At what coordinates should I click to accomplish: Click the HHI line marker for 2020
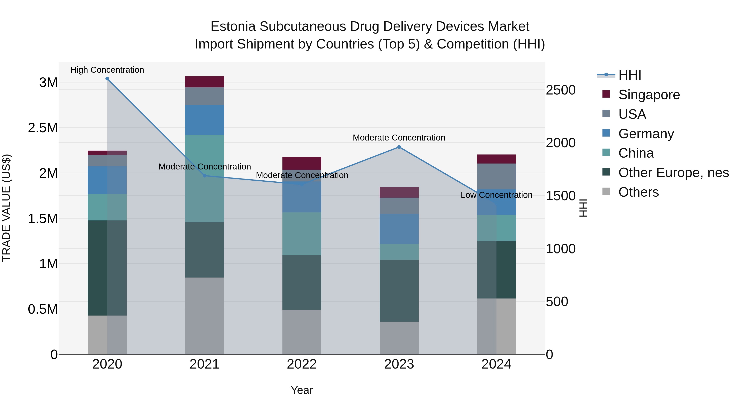[x=107, y=79]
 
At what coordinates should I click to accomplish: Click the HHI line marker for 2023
[x=399, y=147]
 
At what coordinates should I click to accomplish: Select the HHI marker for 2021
[x=205, y=176]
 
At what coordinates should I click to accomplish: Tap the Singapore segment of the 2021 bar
[x=205, y=82]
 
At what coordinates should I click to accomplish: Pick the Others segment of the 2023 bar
[x=399, y=338]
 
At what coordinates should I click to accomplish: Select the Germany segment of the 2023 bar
[x=399, y=229]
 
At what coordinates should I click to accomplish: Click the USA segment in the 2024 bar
[x=496, y=176]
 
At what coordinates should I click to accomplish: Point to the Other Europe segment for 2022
[x=302, y=282]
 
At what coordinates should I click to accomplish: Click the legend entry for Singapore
[x=649, y=95]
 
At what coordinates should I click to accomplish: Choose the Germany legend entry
[x=646, y=134]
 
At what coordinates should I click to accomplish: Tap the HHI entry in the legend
[x=630, y=75]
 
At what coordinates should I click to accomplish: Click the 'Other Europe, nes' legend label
[x=673, y=173]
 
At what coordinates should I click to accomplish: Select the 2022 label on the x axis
[x=302, y=364]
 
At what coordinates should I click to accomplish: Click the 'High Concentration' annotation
[x=107, y=70]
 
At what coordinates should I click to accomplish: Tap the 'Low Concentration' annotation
[x=496, y=195]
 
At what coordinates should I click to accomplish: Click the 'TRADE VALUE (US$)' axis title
[x=6, y=208]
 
